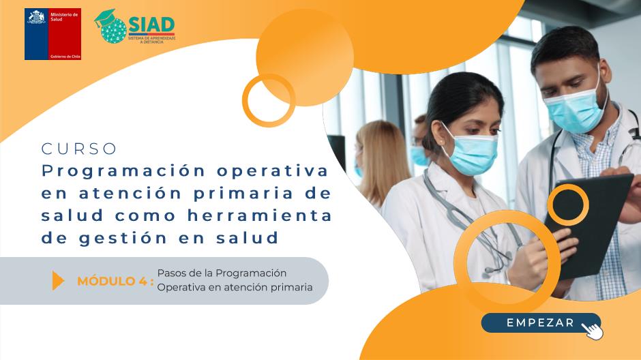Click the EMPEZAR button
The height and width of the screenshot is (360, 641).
point(541,322)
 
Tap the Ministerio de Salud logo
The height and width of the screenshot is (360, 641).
point(53,34)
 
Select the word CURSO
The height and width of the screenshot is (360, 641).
point(79,149)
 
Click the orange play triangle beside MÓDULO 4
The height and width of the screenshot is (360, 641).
point(58,280)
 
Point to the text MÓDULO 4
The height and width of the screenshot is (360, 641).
point(115,281)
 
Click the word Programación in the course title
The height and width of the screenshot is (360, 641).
point(123,171)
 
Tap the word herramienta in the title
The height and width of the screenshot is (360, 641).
point(260,215)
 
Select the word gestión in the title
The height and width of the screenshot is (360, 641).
point(123,238)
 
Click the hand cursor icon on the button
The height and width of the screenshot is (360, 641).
point(592,330)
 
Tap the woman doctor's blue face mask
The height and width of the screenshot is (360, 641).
point(472,153)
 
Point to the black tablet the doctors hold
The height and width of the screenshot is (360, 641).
point(588,225)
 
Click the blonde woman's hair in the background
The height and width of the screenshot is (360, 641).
point(383,160)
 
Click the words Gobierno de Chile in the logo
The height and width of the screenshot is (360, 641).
point(65,57)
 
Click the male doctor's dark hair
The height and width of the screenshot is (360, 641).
point(565,44)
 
